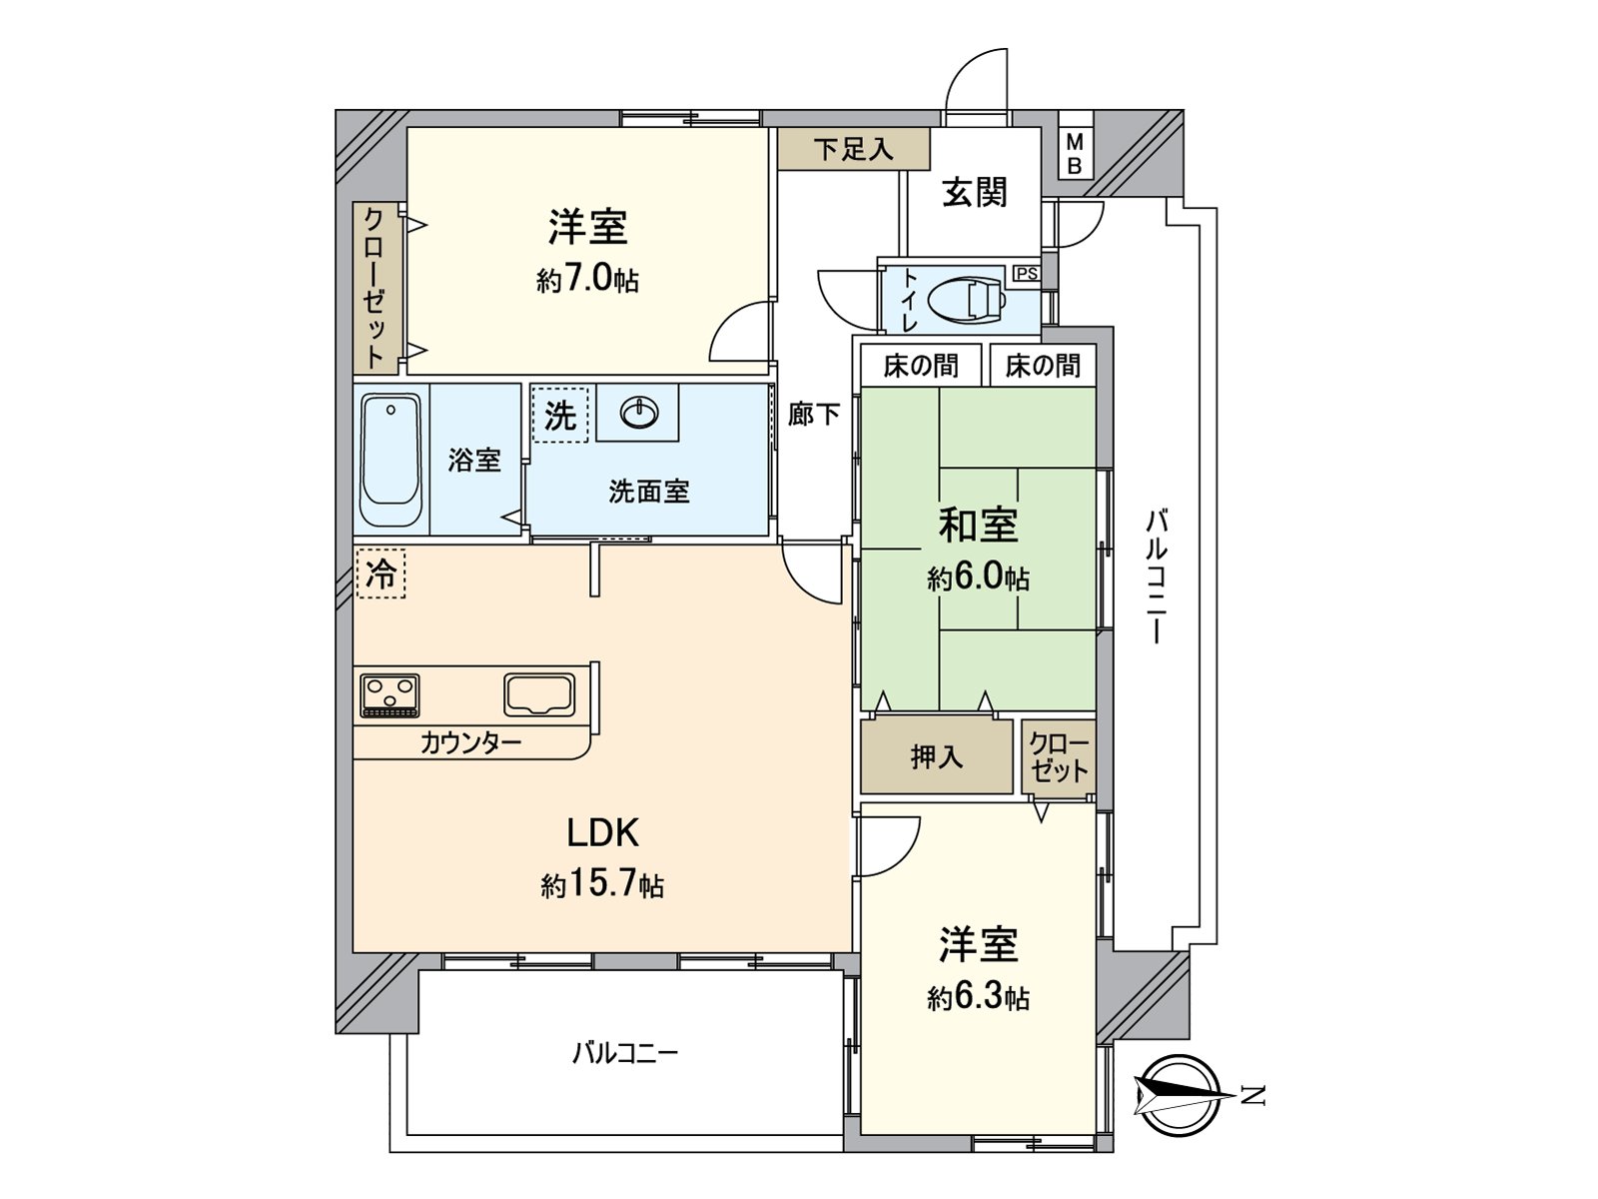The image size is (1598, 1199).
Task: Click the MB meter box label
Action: (1075, 154)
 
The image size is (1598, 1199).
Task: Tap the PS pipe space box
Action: (1026, 273)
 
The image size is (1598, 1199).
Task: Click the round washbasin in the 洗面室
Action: (637, 410)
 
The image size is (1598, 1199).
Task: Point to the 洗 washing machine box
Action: (559, 415)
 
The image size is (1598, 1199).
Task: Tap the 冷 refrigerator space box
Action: (381, 575)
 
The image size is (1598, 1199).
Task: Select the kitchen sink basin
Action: (539, 694)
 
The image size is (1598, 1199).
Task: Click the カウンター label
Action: (469, 742)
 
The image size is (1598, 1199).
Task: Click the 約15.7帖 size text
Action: (602, 884)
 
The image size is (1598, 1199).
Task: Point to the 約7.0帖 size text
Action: (587, 279)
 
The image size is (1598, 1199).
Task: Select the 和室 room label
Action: (978, 525)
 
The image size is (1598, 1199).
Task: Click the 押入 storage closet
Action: (937, 756)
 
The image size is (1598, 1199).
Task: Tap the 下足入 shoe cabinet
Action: (853, 150)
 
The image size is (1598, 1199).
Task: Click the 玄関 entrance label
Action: (975, 192)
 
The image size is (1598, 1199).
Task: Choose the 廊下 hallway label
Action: (813, 414)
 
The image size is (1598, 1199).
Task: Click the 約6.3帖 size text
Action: (978, 996)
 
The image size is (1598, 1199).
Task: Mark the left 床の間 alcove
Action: (921, 366)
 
